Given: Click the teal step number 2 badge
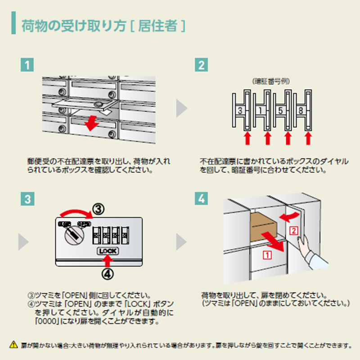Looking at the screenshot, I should pyautogui.click(x=201, y=64).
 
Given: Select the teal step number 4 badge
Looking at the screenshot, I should pyautogui.click(x=201, y=198).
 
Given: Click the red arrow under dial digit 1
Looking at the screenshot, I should pyautogui.click(x=267, y=138).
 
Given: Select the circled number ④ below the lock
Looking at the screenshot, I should pyautogui.click(x=107, y=273).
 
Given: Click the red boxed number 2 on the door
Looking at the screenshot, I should pyautogui.click(x=293, y=231).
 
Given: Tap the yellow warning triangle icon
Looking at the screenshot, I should pyautogui.click(x=13, y=345).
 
